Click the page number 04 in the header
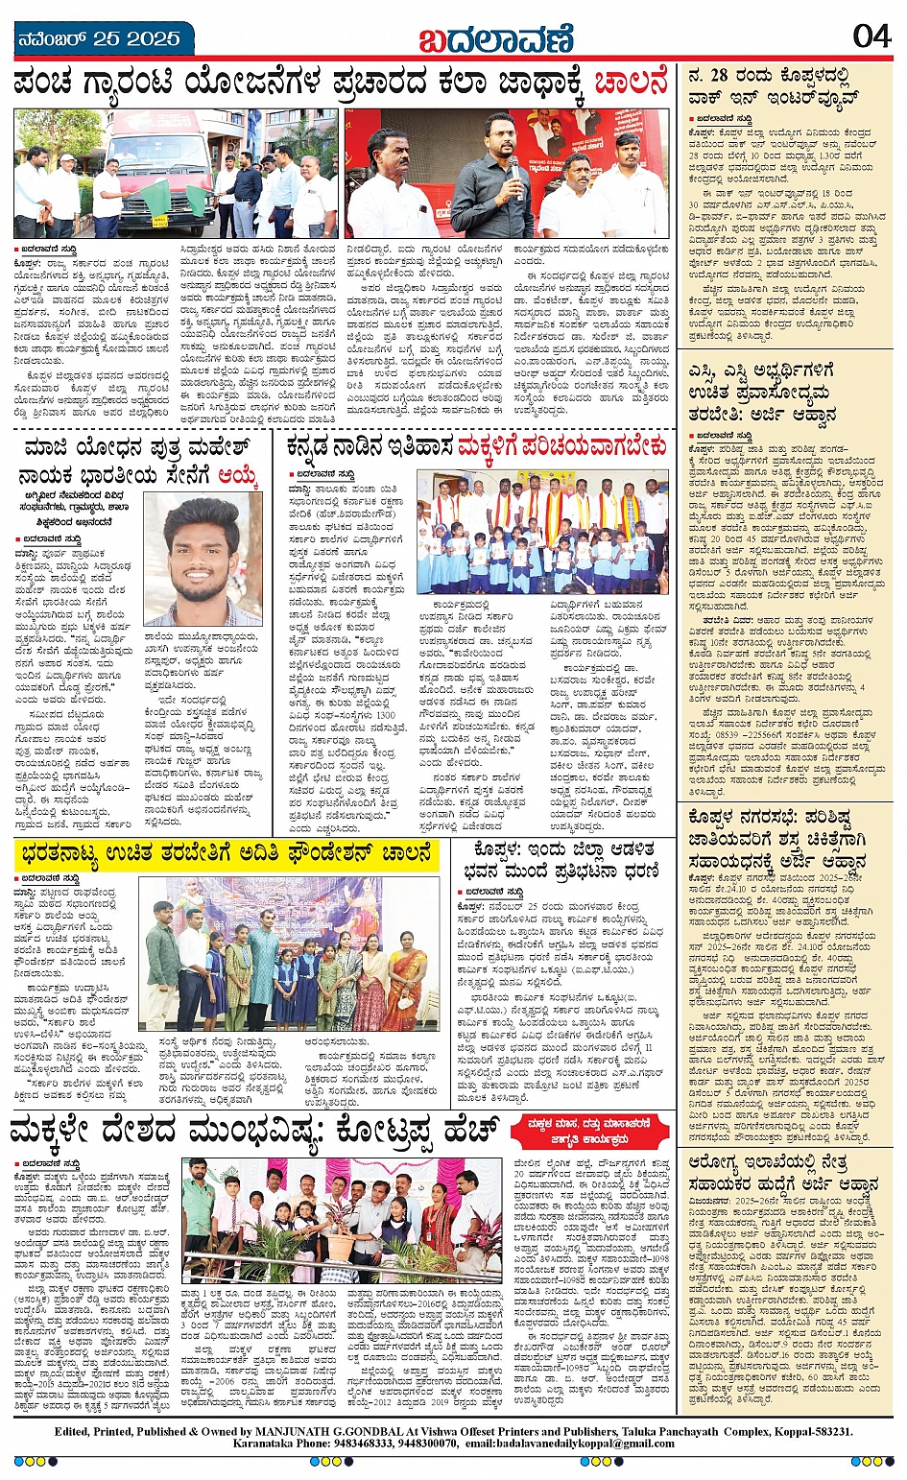(871, 36)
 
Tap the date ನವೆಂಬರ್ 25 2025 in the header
(101, 38)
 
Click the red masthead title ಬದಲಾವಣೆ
(495, 40)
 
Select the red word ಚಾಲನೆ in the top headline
(632, 84)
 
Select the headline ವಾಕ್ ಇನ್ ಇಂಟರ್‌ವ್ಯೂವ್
(758, 98)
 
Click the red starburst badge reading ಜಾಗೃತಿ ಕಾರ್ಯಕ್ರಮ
(589, 1131)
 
